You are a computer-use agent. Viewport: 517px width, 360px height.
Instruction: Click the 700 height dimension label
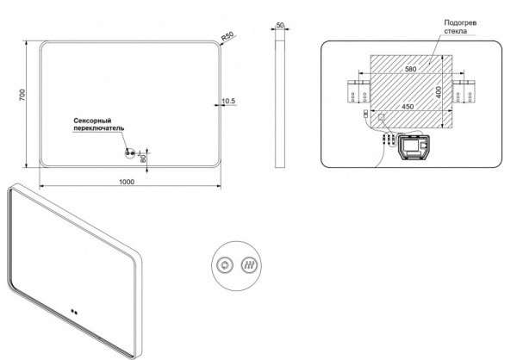pos(22,95)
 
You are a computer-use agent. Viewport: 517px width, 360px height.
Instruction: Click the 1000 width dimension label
pos(127,182)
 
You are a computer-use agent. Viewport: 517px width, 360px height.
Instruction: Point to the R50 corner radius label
pos(227,36)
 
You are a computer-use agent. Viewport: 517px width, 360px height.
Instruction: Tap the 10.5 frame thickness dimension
pos(229,101)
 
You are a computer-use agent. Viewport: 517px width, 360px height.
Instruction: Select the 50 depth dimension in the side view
pos(280,25)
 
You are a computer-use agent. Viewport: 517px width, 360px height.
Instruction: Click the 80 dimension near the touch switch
pos(143,159)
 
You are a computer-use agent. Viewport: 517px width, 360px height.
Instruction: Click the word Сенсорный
pos(92,121)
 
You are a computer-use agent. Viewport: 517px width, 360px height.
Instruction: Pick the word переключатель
pos(99,128)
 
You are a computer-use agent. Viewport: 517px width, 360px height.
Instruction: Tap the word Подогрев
pos(460,23)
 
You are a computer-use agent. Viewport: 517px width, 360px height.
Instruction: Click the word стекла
pos(455,31)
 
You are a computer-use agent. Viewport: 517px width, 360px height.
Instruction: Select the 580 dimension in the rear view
pos(410,69)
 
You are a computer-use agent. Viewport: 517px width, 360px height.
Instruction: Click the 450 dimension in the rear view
pos(408,107)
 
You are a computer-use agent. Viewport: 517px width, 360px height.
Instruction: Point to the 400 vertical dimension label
pos(439,92)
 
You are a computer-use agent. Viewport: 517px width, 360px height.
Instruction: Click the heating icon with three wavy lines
pos(249,265)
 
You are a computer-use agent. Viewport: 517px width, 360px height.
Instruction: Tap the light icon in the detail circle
pos(225,265)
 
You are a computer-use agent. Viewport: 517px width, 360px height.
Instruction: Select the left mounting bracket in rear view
pos(359,91)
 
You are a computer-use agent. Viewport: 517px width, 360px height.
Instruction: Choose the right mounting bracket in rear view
pos(464,91)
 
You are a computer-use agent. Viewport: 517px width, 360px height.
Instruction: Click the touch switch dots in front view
pos(130,153)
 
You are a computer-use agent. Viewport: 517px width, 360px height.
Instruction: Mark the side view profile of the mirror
pos(280,104)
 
